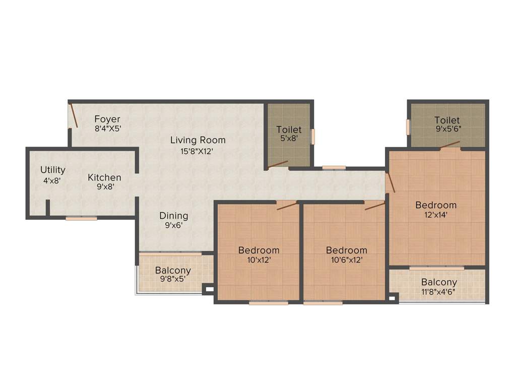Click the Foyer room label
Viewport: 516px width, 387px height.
[107, 119]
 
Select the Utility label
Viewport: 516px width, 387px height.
[53, 170]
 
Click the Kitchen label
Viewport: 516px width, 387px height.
[104, 177]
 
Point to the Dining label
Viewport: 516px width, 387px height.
[173, 216]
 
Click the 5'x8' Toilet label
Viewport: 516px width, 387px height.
[289, 130]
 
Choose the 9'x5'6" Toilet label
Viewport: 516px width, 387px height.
[447, 120]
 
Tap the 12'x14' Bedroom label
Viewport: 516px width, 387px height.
[436, 205]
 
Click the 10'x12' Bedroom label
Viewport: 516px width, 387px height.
[259, 250]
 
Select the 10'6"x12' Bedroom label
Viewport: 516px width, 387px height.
[346, 250]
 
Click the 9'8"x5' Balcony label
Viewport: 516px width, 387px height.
[173, 271]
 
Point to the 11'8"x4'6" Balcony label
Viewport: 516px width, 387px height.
[439, 282]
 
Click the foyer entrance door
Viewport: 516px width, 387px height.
[73, 115]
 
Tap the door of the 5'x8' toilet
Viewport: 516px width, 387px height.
[278, 164]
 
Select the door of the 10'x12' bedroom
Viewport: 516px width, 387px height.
[286, 205]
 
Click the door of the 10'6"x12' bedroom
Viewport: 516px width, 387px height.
[374, 206]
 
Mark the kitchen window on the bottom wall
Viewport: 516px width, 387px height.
[81, 218]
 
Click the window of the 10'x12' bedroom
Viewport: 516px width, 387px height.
[269, 303]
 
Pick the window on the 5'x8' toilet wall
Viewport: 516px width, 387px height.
[313, 137]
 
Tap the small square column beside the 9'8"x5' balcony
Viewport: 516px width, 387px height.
[208, 290]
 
